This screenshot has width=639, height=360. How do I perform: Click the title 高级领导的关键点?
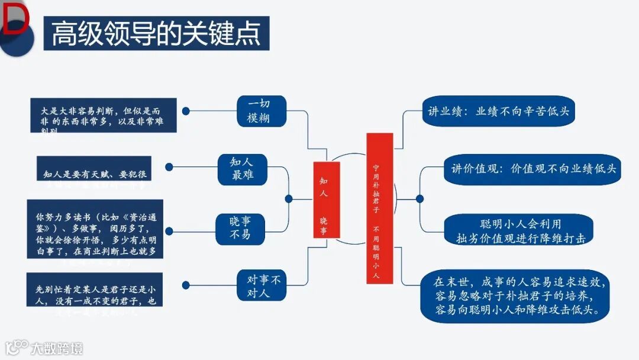pos(156,33)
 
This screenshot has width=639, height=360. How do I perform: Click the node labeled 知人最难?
pos(242,168)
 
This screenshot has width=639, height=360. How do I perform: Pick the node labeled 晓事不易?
pos(240,228)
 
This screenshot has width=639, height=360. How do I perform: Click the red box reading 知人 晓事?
pos(326,200)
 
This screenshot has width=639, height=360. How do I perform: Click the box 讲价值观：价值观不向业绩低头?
pos(530,169)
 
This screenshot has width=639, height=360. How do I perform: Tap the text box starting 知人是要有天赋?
pos(95,173)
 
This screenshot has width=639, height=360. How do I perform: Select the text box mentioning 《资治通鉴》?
pos(95,230)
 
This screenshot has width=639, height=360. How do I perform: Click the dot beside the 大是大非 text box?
pos(186,111)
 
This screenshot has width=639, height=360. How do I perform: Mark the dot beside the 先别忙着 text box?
pos(186,286)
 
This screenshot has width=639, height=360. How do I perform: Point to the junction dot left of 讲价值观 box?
pos(419,199)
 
